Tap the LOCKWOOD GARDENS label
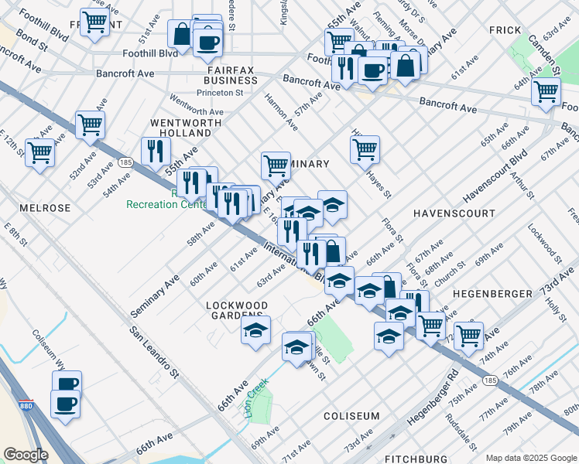pos(237,311)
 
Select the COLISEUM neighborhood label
pos(351,416)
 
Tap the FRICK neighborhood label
pos(506,29)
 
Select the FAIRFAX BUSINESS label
pos(231,74)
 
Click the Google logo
pos(26,455)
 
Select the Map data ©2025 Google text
pos(530,458)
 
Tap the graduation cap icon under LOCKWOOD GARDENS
pos(255,331)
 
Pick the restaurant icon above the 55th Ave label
pos(156,148)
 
